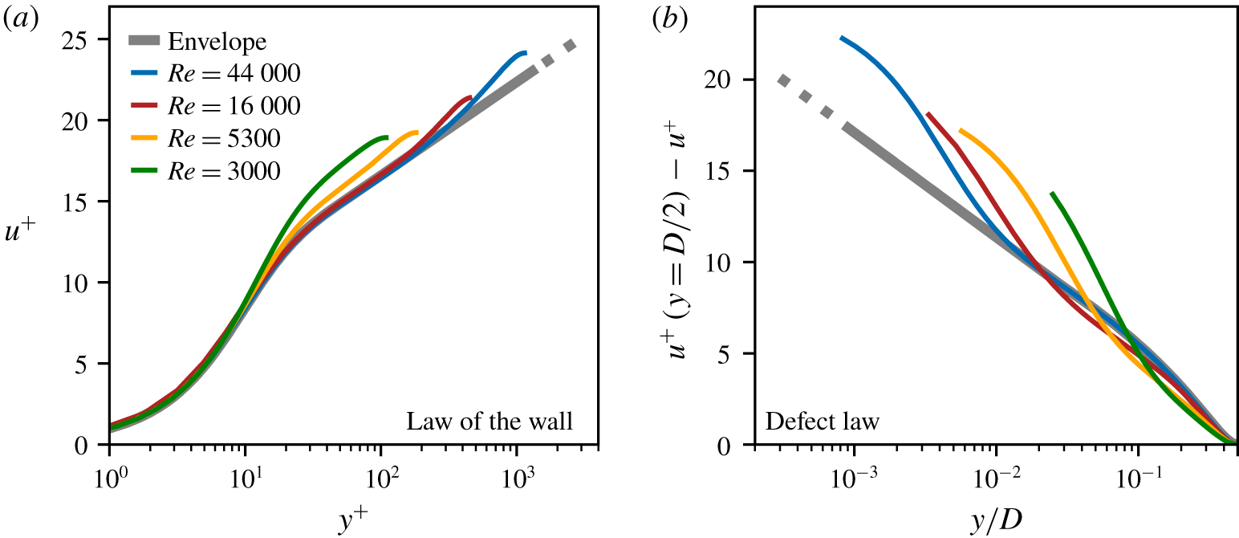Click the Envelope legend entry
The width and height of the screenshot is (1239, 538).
pos(217,42)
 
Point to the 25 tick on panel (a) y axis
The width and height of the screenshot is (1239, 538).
pos(87,39)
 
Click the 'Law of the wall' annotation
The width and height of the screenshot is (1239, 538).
pos(490,421)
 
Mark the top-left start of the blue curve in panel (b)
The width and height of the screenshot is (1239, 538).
pos(841,38)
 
